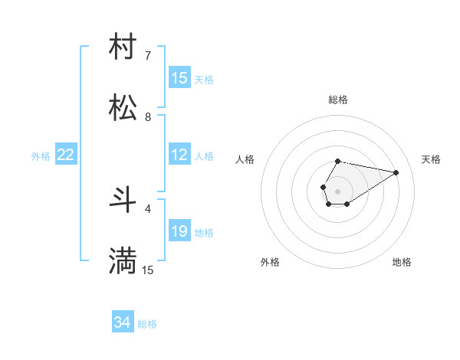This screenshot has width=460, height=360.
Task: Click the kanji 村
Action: (x=123, y=47)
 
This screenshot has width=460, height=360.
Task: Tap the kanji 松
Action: (x=123, y=108)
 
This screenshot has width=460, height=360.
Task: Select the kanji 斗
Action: (x=123, y=200)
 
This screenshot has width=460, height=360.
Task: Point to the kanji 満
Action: (x=123, y=261)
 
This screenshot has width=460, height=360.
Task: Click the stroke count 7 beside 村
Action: (x=148, y=55)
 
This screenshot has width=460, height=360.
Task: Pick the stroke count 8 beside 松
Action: (x=148, y=116)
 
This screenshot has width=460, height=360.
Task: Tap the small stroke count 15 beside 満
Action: (x=148, y=270)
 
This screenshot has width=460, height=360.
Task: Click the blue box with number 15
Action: (x=179, y=78)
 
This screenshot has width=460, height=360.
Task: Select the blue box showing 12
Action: (x=179, y=155)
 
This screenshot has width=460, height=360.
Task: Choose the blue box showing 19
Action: (x=179, y=231)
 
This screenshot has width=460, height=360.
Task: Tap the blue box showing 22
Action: (x=66, y=155)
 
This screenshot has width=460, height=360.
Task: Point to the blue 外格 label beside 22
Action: (x=41, y=156)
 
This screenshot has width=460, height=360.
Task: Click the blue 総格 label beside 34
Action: (x=147, y=325)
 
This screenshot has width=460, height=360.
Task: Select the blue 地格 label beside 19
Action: (x=204, y=233)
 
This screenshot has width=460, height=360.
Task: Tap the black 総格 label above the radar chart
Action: (x=338, y=100)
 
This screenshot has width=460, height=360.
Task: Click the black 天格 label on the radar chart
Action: (x=431, y=159)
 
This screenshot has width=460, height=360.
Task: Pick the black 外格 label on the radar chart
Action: (x=270, y=262)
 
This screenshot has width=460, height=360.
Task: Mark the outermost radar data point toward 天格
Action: (x=396, y=172)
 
